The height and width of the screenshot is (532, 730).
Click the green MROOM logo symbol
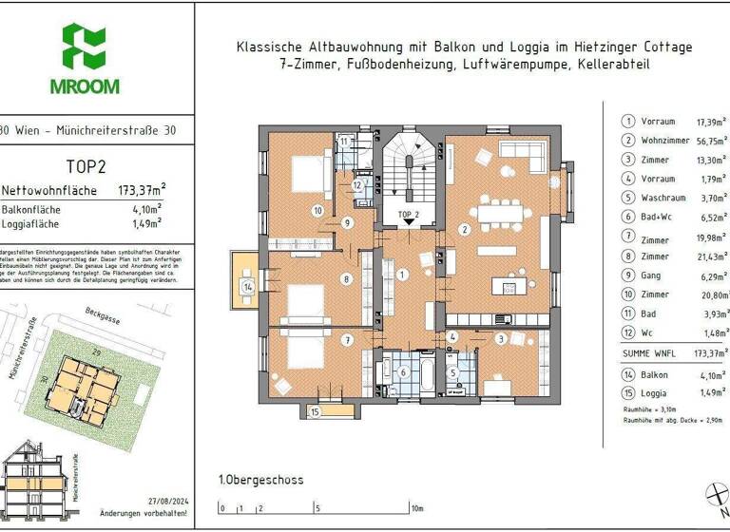[x=84, y=47]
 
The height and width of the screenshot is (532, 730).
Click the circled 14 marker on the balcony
[x=247, y=286]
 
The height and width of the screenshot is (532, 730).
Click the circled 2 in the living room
[x=464, y=229]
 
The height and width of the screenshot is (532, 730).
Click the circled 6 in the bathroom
[x=402, y=373]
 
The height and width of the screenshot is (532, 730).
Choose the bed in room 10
[x=309, y=174]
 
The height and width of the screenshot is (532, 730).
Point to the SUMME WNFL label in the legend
[x=649, y=353]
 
